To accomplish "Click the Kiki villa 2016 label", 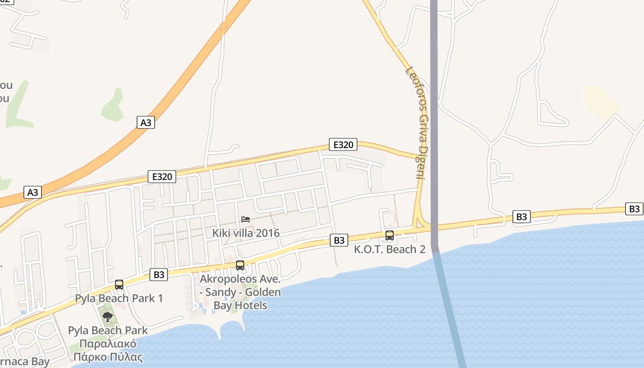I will click(246, 233).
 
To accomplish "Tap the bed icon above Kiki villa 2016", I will click(246, 219).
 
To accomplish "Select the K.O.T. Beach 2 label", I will click(389, 249).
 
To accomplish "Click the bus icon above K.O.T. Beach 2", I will click(389, 236).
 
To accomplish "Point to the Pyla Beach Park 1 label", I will click(119, 298).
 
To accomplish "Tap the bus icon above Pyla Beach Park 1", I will click(119, 285).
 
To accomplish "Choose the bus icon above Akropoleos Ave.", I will click(240, 265).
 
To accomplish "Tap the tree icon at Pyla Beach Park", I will click(107, 316).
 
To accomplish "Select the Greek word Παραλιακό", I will click(108, 344).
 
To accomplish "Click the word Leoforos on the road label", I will click(414, 85).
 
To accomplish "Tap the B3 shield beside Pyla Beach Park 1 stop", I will click(158, 275).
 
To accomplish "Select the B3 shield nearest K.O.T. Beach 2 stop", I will click(339, 240).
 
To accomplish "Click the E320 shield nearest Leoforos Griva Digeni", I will click(343, 145).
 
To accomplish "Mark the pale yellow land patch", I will click(601, 99).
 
